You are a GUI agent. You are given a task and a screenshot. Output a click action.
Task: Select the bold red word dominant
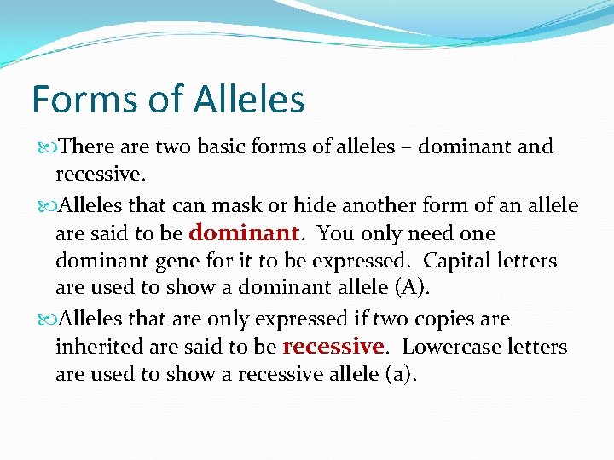(x=243, y=233)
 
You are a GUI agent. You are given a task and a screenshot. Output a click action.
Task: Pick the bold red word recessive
(x=333, y=347)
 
